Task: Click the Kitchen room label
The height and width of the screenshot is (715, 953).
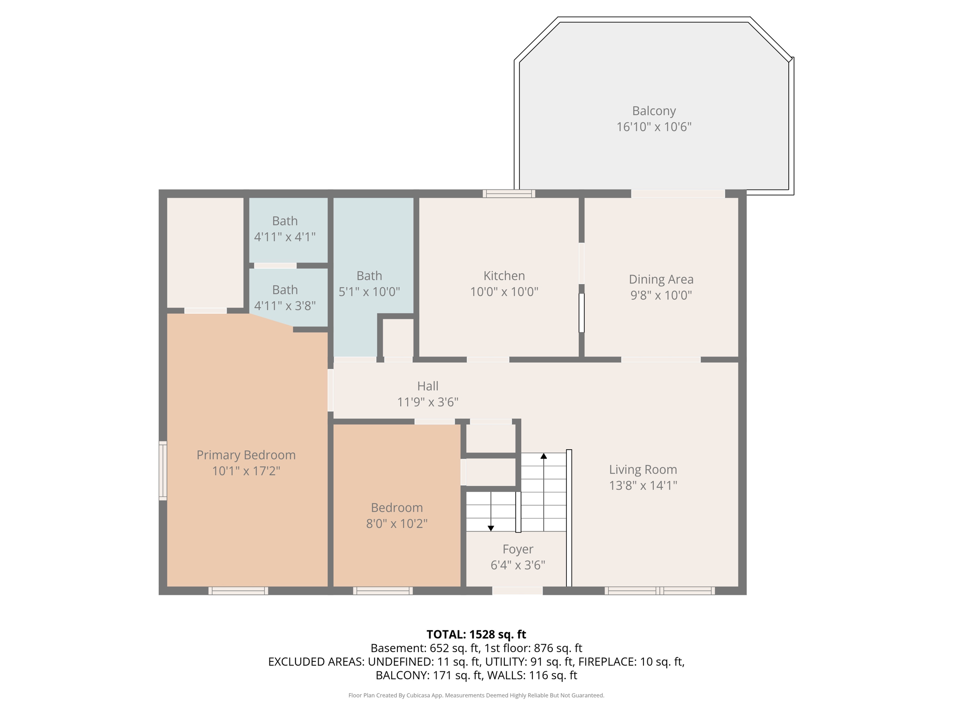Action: (504, 276)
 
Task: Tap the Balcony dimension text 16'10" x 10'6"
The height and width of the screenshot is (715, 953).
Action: (654, 127)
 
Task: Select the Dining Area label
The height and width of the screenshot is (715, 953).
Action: (661, 279)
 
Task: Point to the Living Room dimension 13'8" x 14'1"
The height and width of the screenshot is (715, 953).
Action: (643, 486)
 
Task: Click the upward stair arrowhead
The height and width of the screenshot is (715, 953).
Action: (544, 456)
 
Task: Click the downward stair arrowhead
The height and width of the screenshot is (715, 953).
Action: (490, 528)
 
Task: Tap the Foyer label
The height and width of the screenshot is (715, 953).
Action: (517, 549)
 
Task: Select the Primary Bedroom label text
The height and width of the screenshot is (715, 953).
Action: (246, 455)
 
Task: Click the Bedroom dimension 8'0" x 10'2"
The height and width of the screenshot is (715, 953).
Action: (396, 524)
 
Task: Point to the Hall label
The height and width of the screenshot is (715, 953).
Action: (428, 386)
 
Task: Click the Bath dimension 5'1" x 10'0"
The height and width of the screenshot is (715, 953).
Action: (369, 292)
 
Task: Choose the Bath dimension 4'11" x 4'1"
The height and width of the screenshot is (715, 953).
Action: (285, 237)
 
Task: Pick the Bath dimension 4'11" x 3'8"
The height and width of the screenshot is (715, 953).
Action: (285, 306)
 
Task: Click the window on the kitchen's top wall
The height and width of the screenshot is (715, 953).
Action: (509, 194)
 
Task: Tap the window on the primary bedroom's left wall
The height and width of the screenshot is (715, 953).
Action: (163, 471)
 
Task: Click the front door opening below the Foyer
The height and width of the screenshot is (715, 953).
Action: (517, 591)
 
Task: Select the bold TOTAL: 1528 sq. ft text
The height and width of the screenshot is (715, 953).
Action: (476, 634)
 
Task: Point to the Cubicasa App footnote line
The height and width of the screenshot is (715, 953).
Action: (476, 695)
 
